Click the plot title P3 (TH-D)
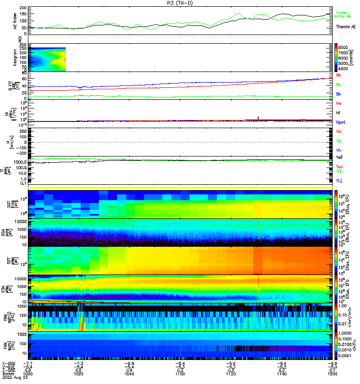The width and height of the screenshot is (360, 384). click(x=180, y=3)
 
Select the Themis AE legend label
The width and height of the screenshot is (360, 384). click(x=345, y=27)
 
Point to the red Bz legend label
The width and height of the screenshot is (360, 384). click(x=339, y=75)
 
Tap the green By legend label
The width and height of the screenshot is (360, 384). click(x=339, y=84)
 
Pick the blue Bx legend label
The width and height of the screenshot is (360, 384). click(x=339, y=94)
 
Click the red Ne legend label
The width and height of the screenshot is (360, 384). click(x=339, y=103)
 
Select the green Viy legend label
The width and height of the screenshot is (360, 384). click(x=339, y=141)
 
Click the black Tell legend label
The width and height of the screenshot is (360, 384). click(x=339, y=157)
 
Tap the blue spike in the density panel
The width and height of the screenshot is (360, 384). click(x=258, y=117)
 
